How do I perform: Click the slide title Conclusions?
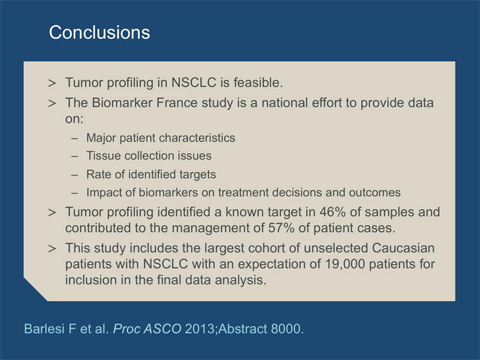point(100,32)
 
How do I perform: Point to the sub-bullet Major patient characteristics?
point(161,138)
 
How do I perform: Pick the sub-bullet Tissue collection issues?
point(149,156)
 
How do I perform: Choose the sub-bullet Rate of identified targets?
point(151,175)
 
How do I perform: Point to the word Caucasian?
point(403,248)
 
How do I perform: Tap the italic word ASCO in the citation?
point(162,329)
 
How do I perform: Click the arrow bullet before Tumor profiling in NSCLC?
point(52,83)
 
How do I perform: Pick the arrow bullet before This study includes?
point(52,248)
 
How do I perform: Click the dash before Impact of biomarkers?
point(74,193)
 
